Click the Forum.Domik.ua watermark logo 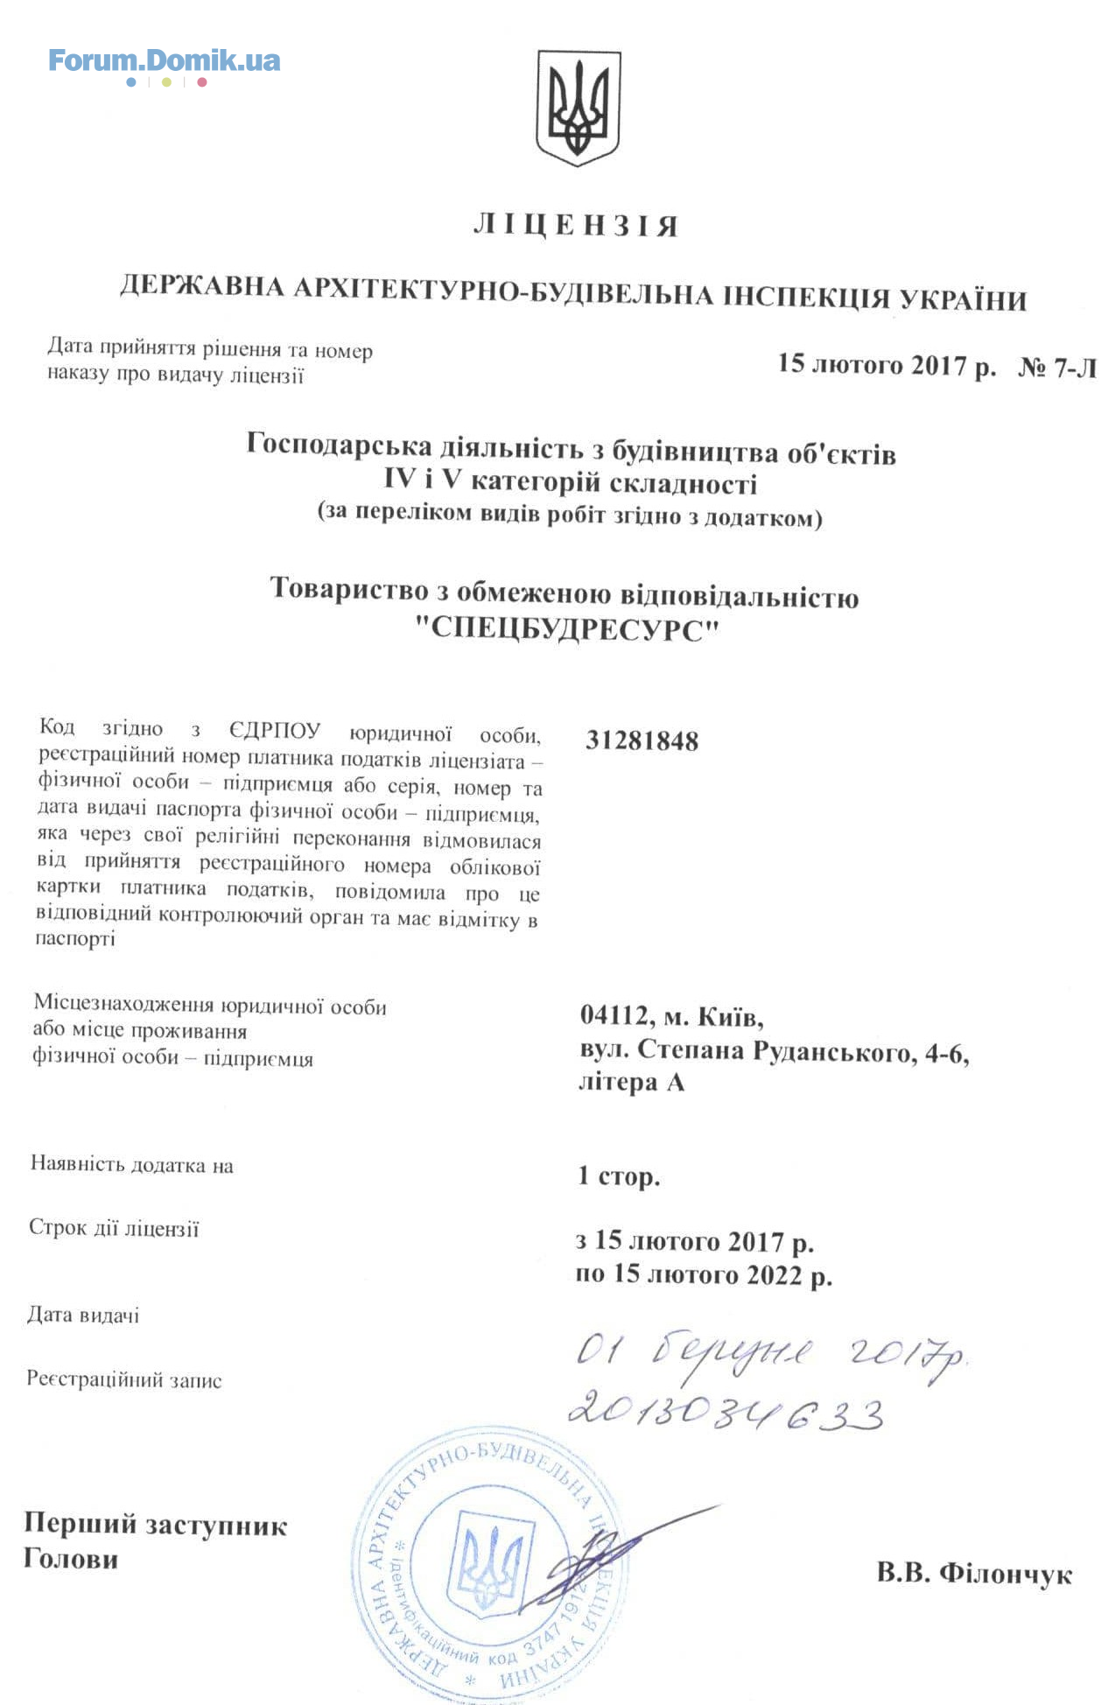[164, 61]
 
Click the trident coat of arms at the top [578, 107]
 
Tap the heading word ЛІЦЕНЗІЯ [575, 226]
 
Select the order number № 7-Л [1056, 368]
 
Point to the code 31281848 [642, 741]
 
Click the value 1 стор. [618, 1175]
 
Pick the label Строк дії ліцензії [114, 1228]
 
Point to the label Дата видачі [83, 1315]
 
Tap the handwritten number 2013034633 [725, 1412]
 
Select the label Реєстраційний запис [124, 1380]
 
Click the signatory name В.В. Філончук [973, 1574]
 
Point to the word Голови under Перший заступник [71, 1559]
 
